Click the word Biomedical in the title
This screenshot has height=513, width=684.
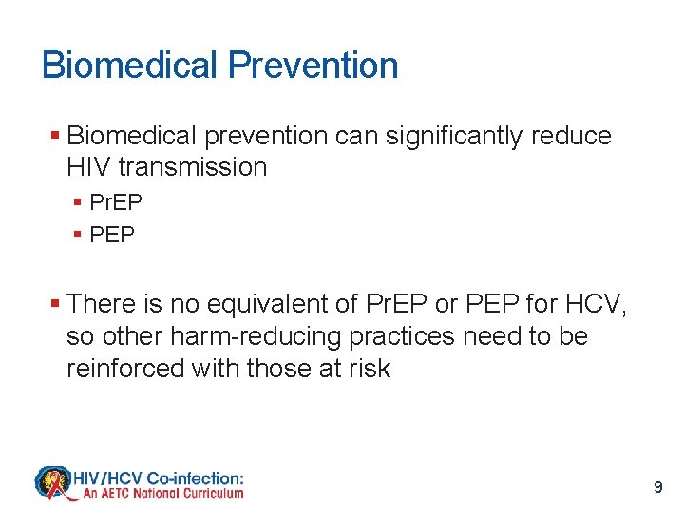[x=130, y=66]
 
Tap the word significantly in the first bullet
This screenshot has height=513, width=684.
[x=447, y=136]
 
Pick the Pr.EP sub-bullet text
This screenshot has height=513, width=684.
[x=116, y=201]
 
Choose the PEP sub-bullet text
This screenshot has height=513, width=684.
[x=112, y=233]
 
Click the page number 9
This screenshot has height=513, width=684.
[x=658, y=487]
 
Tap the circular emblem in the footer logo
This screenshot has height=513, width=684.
[x=54, y=483]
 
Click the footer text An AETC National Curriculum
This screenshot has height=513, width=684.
[x=163, y=493]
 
